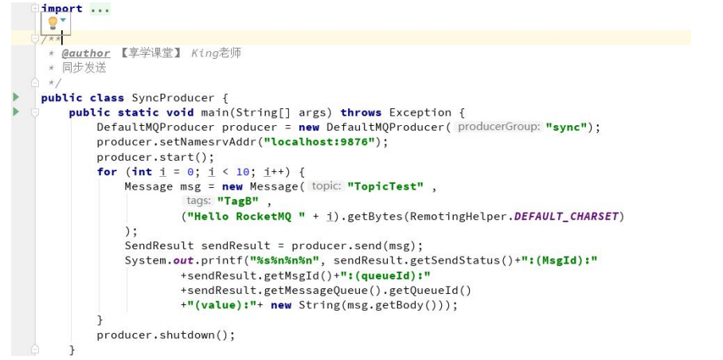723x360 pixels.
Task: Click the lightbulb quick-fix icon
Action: coord(53,22)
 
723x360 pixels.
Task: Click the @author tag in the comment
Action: coord(86,53)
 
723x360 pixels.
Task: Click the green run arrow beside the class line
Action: coord(17,97)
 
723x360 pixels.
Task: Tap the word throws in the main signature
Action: coord(361,112)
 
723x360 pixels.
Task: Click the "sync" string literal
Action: coord(566,127)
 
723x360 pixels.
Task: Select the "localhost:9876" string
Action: coord(319,142)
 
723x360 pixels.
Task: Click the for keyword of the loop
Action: coord(107,172)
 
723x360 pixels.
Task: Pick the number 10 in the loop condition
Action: coord(243,172)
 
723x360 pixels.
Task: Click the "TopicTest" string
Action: coord(385,186)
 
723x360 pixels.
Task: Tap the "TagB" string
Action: coord(238,201)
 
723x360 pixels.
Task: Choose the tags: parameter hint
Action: coord(199,201)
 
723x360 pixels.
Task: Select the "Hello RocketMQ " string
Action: coord(244,216)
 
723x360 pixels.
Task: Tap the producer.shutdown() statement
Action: coord(166,335)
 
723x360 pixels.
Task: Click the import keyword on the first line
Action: coord(62,9)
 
